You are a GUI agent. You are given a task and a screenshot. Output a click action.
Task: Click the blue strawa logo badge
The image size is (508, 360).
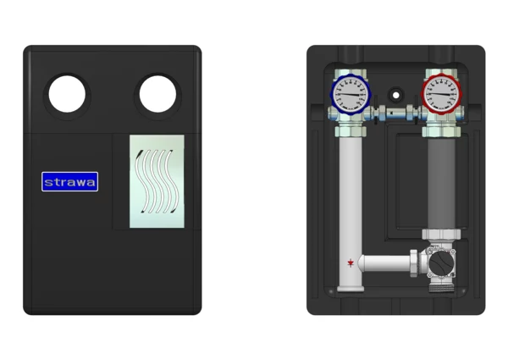[70, 181]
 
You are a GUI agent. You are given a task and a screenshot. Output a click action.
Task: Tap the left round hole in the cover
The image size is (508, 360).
[67, 94]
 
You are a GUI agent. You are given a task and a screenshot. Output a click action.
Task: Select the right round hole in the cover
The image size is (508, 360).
[157, 94]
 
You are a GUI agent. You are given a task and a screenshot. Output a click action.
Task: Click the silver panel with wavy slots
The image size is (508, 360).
[157, 181]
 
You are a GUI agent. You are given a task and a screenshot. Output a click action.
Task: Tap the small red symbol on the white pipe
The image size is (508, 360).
[351, 263]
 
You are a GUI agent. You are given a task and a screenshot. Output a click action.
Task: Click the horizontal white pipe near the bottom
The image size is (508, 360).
[384, 263]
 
